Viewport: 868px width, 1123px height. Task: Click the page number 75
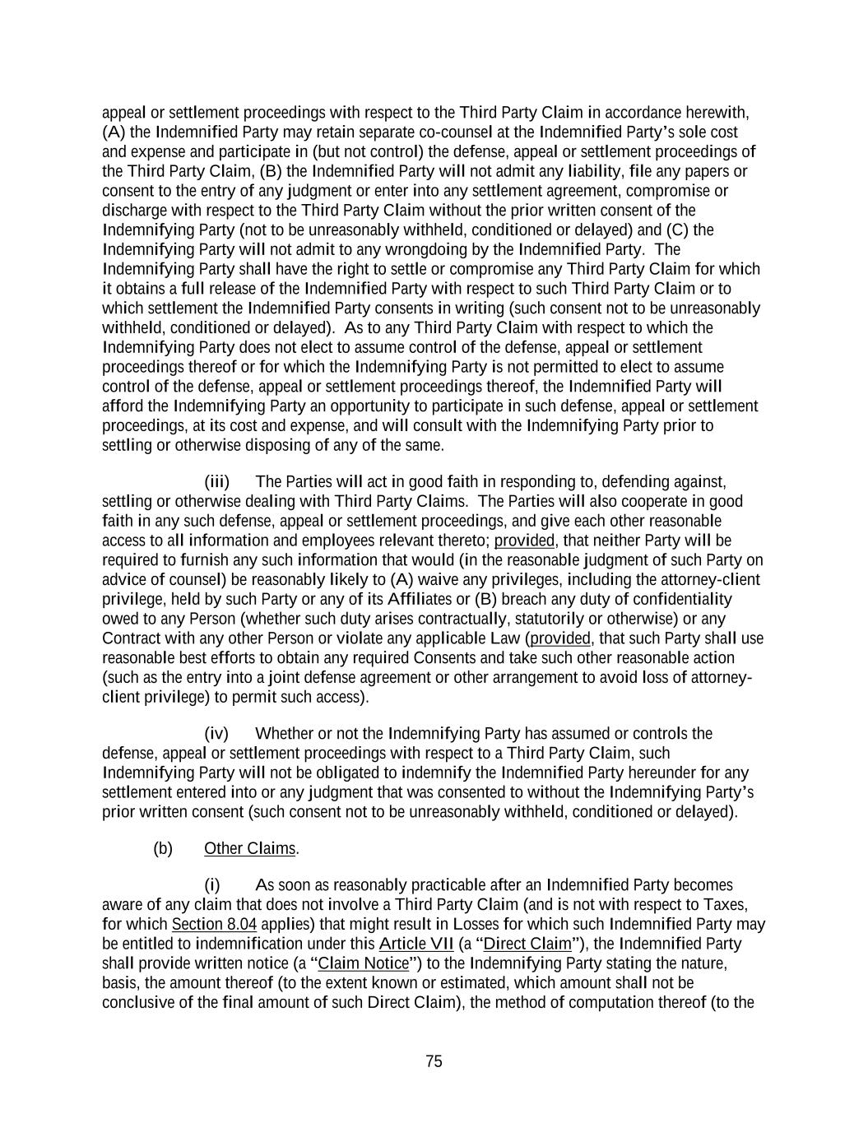[434, 1061]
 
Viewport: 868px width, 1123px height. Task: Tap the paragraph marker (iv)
[216, 733]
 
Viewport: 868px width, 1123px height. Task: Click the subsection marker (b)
[163, 848]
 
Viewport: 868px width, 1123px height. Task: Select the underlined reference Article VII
[416, 944]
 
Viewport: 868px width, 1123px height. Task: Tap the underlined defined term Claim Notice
[364, 963]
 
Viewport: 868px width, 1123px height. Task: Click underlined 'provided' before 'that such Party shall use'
[560, 638]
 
